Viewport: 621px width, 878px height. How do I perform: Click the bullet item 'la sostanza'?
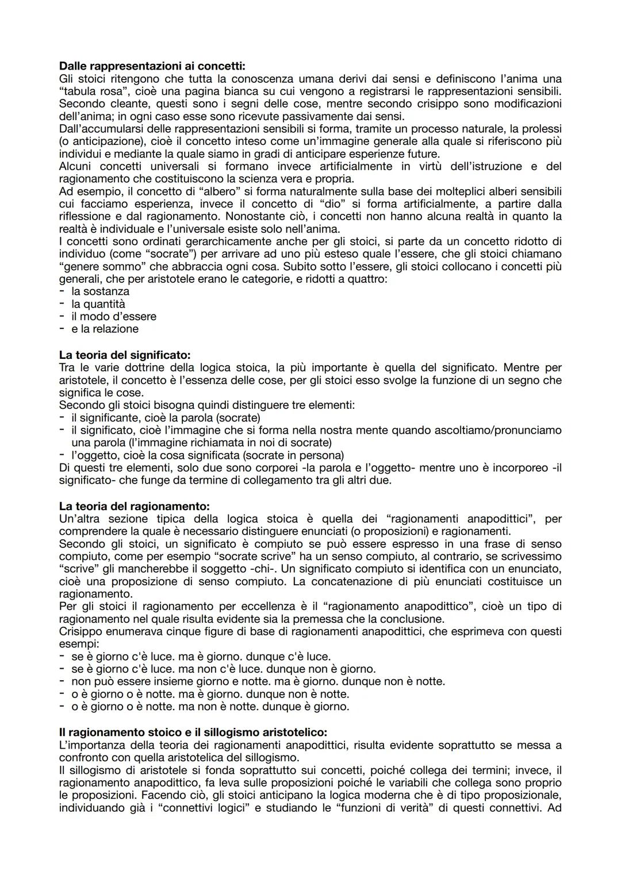[x=100, y=292]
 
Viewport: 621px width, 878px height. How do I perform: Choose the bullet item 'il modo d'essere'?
[x=113, y=317]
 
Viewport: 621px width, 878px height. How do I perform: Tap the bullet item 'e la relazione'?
[x=105, y=329]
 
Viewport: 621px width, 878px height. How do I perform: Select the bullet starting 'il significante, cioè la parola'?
[x=166, y=417]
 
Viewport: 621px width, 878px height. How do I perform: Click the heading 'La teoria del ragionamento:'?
[x=135, y=507]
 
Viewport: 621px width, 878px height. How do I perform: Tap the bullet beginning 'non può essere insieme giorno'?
[x=258, y=681]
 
